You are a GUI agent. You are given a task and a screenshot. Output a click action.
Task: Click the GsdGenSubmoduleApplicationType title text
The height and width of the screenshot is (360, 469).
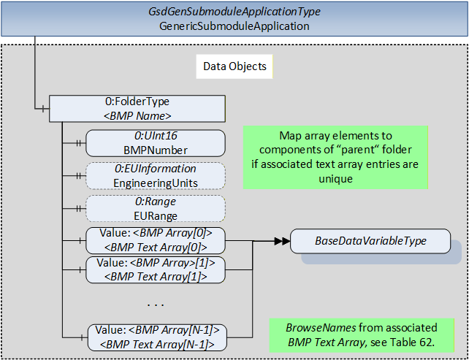(234, 12)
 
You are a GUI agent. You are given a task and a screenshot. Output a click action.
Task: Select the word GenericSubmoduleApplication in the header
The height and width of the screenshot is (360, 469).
(234, 26)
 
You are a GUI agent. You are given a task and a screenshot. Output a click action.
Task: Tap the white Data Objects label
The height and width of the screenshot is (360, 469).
(234, 66)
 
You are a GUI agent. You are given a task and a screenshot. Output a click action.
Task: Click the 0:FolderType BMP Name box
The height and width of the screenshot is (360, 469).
(137, 109)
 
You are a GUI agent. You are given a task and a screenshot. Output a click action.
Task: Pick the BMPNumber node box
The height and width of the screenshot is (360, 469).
(155, 143)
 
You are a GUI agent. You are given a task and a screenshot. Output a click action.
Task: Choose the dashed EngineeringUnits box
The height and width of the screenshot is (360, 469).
(155, 176)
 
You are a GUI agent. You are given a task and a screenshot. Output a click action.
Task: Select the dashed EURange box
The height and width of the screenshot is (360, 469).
(155, 208)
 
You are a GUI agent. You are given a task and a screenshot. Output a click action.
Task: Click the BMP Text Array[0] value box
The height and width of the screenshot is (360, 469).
(155, 240)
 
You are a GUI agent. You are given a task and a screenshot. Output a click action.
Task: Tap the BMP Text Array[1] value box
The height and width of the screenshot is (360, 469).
(155, 269)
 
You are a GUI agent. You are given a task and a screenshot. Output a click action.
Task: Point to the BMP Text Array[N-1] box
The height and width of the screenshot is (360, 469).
(157, 337)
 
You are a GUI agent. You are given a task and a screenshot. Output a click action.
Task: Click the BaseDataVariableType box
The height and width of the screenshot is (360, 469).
(370, 241)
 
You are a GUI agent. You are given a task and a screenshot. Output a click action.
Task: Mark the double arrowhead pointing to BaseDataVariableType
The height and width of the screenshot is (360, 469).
(282, 241)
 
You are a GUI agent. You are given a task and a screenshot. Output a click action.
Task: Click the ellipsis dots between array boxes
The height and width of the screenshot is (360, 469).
(156, 305)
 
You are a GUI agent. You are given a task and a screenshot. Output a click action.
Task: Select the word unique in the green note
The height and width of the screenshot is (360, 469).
(335, 179)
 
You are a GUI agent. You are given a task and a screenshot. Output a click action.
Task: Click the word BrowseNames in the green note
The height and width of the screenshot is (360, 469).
(321, 328)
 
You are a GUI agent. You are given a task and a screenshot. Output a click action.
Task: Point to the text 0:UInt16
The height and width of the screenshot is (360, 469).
(155, 136)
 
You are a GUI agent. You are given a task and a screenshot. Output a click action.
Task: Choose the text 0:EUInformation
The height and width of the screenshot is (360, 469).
(155, 169)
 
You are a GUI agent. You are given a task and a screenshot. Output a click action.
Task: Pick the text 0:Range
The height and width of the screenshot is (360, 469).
(155, 202)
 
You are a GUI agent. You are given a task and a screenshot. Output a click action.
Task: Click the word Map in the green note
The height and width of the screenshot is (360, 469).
(289, 136)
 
